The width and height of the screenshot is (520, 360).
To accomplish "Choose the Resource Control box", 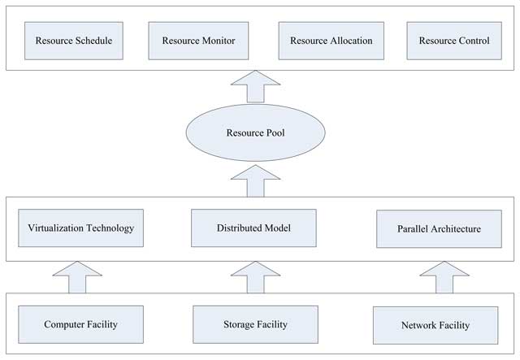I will pos(453,40).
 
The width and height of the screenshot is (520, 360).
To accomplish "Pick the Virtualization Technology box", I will pos(80,228).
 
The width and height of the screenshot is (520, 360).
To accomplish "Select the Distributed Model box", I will pos(253,228).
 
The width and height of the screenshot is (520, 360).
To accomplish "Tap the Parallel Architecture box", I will pos(440,229).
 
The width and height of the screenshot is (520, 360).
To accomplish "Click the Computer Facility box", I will pos(80,324).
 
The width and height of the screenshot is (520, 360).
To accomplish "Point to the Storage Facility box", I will pos(254,324).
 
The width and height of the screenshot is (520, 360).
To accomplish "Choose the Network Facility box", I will pos(435,325).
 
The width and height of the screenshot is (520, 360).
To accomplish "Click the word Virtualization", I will pos(54,228).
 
